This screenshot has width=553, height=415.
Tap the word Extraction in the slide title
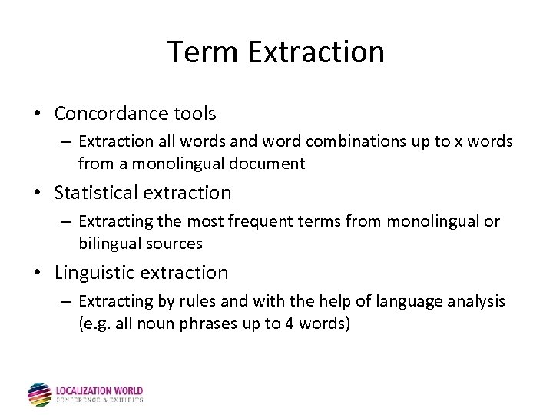point(316,52)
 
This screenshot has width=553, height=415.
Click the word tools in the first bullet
point(195,114)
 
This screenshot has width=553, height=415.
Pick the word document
point(270,163)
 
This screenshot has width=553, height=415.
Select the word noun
point(156,323)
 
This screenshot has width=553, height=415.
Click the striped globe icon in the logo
point(39,394)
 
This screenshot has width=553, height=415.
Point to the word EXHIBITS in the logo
point(128,400)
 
